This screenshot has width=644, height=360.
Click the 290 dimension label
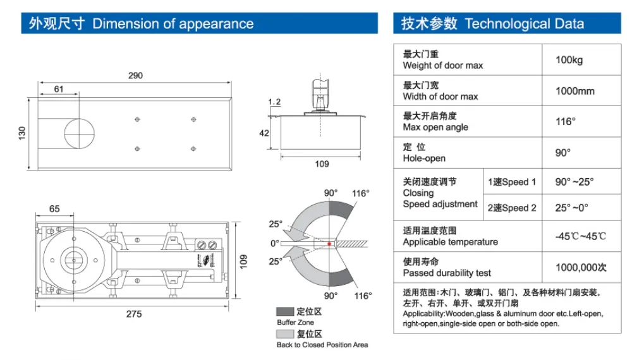(135, 75)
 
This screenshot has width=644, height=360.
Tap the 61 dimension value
(59, 89)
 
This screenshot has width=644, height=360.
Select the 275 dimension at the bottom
(133, 314)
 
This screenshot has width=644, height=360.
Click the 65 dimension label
(54, 208)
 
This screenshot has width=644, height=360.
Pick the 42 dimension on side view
(264, 133)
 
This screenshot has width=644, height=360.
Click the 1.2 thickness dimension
(274, 102)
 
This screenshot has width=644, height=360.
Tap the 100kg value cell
(569, 60)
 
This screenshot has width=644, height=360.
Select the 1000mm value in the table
(574, 91)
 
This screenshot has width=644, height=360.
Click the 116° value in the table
(565, 121)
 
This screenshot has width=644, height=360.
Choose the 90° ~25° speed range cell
(574, 182)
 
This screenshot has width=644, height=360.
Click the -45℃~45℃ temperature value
(580, 236)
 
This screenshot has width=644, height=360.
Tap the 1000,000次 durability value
(580, 267)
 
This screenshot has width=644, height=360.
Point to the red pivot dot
(329, 243)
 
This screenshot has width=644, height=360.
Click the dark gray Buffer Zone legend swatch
(285, 312)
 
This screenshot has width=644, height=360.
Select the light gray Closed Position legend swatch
(285, 334)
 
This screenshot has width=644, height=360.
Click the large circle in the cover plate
(80, 133)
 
